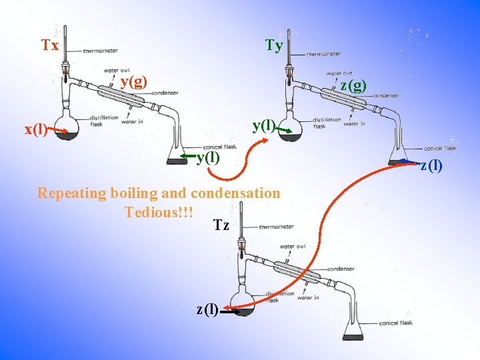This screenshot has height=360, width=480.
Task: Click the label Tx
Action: (x=50, y=45)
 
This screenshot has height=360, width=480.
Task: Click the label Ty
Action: (x=274, y=45)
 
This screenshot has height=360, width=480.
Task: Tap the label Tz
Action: (x=221, y=225)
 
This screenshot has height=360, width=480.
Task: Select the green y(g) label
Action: (x=134, y=81)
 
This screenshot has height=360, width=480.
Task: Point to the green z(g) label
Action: (x=353, y=85)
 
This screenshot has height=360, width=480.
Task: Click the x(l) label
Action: (x=35, y=129)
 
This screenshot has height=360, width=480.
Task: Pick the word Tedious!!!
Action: (x=159, y=212)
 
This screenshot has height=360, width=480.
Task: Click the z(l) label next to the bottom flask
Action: (x=207, y=308)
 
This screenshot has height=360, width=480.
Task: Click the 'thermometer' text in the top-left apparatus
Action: (x=100, y=51)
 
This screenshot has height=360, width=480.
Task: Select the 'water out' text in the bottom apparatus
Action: (x=293, y=247)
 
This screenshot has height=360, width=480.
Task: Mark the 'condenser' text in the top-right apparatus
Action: (x=385, y=95)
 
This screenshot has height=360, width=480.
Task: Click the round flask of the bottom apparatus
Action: (x=242, y=303)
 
